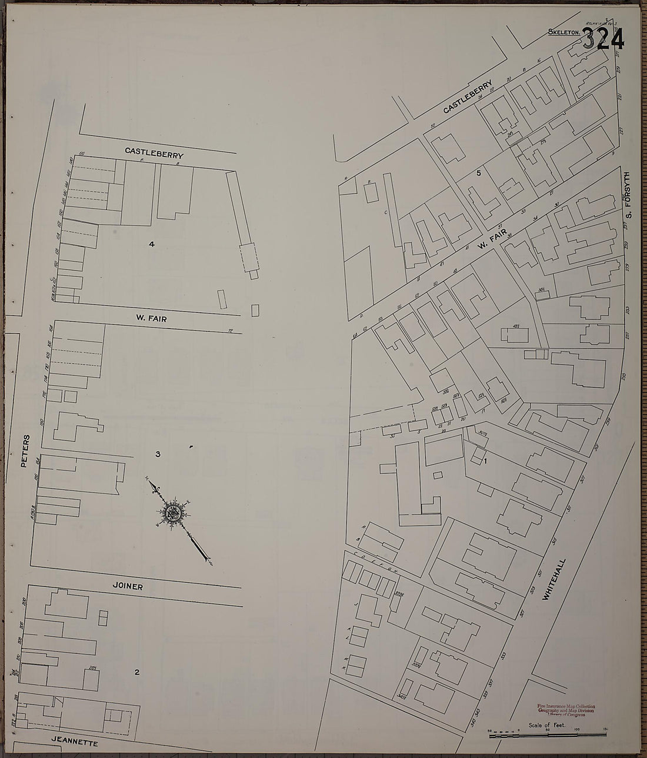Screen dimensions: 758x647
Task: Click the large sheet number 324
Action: pos(603,40)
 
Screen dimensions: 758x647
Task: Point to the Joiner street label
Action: pos(129,586)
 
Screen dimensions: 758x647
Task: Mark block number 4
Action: pos(152,244)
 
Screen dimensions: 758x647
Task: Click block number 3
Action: pos(158,454)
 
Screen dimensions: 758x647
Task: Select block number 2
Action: pos(136,673)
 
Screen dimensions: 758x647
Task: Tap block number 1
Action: pos(485,461)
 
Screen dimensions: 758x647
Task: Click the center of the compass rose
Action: pos(175,512)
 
